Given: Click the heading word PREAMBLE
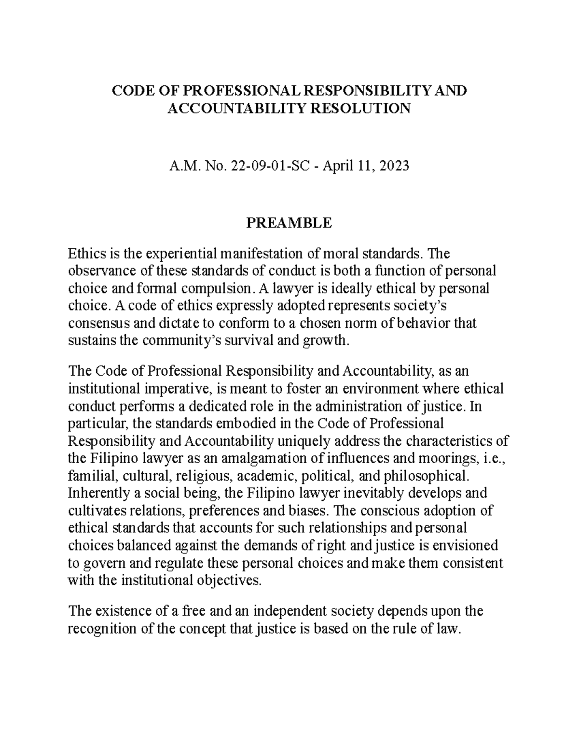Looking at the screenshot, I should [289, 223].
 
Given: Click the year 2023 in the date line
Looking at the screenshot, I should [394, 166].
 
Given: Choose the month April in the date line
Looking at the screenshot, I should [337, 166].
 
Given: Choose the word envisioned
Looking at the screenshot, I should [464, 545].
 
